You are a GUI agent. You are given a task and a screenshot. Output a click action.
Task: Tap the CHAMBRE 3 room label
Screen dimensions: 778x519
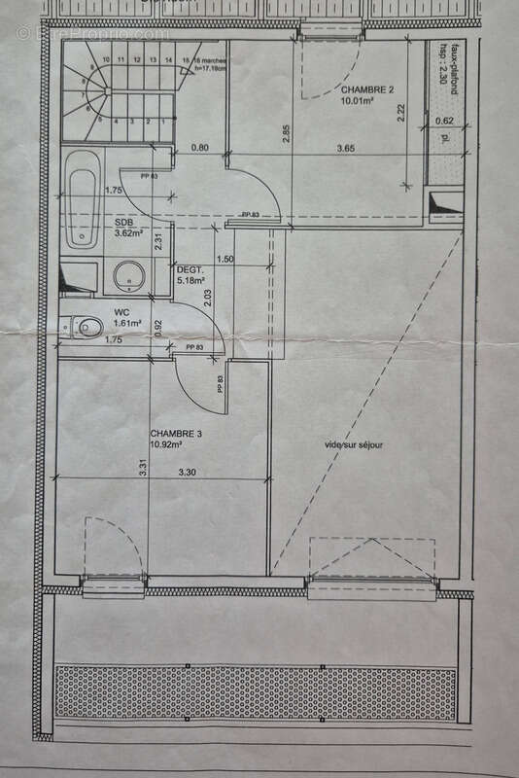coord(175,433)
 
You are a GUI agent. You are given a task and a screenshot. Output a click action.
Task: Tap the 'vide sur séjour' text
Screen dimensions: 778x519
coord(354,445)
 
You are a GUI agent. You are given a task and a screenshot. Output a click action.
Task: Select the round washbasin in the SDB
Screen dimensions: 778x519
coord(128,276)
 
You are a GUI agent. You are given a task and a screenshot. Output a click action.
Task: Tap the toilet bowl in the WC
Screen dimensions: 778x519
coord(88,327)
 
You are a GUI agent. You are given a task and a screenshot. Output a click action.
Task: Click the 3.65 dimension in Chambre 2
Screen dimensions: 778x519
coord(345,148)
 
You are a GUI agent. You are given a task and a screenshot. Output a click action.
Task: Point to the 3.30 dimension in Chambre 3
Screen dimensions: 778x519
coord(188,473)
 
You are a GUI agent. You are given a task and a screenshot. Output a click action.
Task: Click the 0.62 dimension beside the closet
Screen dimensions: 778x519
coord(443,121)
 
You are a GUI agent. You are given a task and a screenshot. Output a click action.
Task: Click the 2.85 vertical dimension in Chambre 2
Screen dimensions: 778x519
coord(286,134)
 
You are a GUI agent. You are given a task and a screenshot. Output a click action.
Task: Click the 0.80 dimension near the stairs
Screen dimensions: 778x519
coord(200,148)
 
